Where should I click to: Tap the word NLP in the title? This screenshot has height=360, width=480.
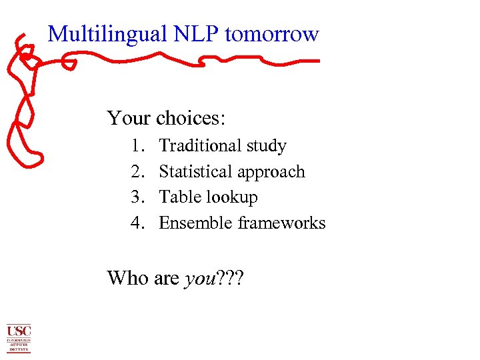click(x=191, y=34)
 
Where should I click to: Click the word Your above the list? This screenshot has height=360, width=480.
click(x=129, y=119)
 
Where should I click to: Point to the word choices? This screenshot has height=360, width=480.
click(x=191, y=119)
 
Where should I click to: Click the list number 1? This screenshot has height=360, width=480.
click(x=138, y=146)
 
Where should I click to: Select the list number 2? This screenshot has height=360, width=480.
click(x=138, y=172)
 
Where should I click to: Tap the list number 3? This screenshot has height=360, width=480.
click(x=138, y=197)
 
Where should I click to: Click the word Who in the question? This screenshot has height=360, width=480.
click(x=128, y=277)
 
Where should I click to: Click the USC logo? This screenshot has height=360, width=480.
click(x=19, y=338)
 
